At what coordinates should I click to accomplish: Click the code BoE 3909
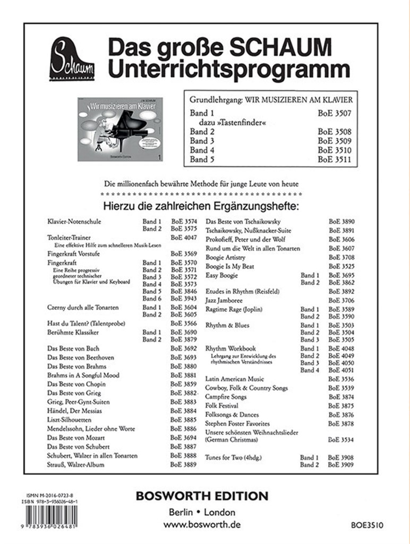(x=341, y=464)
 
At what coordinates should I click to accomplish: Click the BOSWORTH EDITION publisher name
(x=202, y=496)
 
